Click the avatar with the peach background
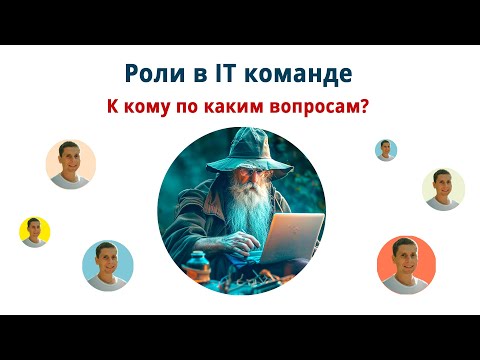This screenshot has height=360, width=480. [71, 164]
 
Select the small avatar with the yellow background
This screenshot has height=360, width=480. [35, 232]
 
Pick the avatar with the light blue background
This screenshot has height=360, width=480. [107, 265]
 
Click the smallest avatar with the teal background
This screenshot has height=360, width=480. [386, 150]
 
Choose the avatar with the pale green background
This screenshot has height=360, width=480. [442, 188]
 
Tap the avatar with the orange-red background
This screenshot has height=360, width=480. [406, 265]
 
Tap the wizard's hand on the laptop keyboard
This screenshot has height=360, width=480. [250, 245]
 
